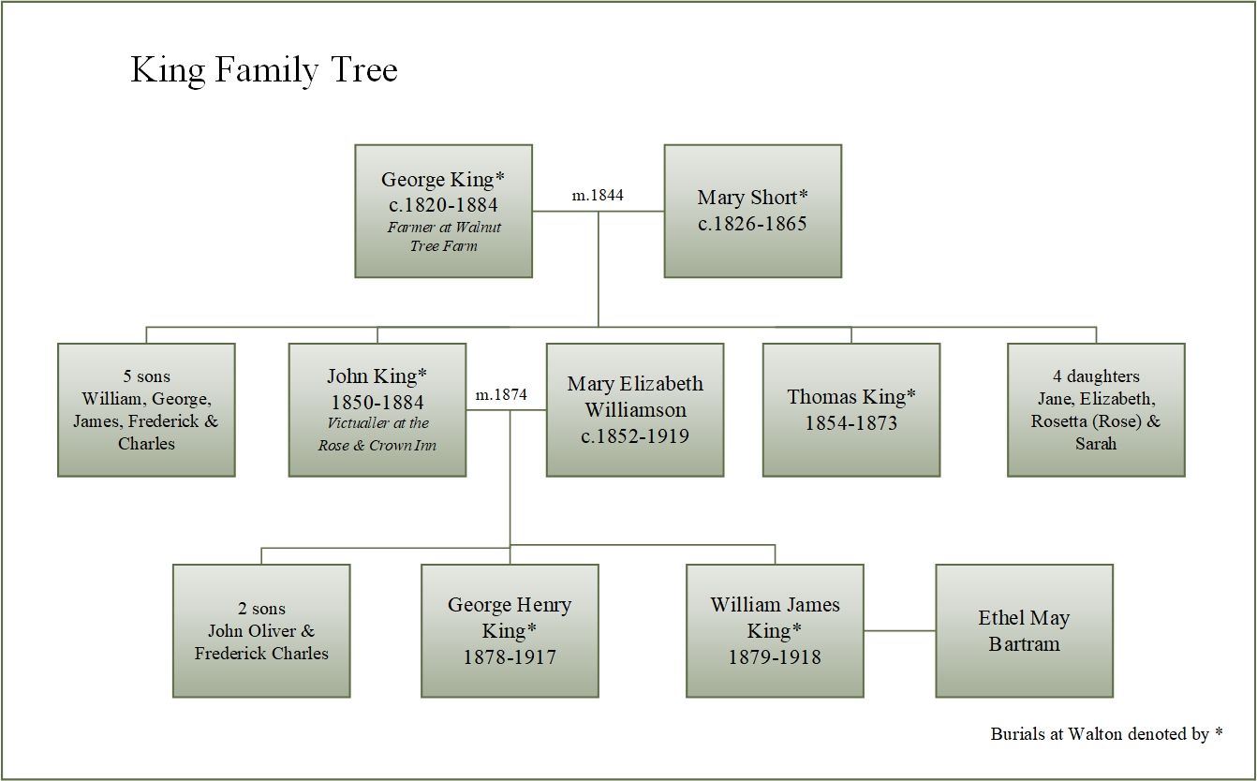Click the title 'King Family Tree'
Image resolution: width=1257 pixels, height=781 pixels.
(x=264, y=70)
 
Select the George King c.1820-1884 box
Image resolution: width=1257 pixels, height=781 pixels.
(x=443, y=211)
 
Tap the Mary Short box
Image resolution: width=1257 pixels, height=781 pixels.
(x=752, y=211)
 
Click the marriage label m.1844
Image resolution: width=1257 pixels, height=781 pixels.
(x=598, y=195)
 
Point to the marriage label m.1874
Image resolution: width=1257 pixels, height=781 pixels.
(x=501, y=395)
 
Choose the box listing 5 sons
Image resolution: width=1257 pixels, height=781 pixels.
(x=146, y=410)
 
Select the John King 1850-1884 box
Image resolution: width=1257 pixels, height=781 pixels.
(x=377, y=410)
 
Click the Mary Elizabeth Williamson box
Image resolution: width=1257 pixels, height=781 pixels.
(x=635, y=410)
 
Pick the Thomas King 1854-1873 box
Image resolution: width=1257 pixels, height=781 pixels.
(x=851, y=410)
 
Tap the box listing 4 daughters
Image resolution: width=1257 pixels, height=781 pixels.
(x=1096, y=410)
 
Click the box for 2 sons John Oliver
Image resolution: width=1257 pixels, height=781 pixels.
(x=261, y=631)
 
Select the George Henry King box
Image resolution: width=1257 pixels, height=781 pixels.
(x=510, y=631)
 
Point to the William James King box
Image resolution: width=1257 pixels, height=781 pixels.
(x=775, y=631)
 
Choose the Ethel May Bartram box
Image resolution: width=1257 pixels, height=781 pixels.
(x=1024, y=631)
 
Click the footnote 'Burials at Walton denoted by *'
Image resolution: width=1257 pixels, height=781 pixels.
(x=1106, y=734)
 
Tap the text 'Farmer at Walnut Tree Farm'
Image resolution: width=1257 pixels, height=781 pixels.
(x=443, y=236)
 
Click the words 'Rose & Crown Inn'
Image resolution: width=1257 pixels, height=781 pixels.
(x=377, y=446)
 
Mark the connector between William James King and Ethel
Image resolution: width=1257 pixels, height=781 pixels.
(x=899, y=630)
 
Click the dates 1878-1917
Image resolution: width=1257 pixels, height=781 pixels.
(x=510, y=657)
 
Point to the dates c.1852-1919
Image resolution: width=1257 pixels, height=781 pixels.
(x=635, y=436)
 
